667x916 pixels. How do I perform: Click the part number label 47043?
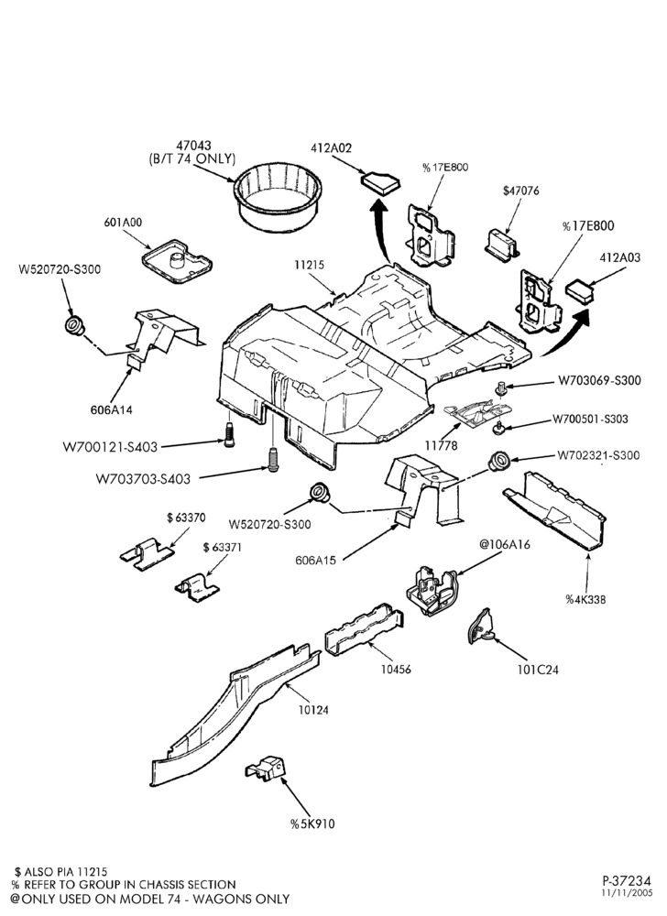pos(194,145)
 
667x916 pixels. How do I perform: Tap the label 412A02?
pos(331,148)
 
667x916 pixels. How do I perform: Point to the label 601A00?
pos(123,223)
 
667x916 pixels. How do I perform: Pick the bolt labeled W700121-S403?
pos(229,434)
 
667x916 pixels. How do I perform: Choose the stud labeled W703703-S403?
pos(273,459)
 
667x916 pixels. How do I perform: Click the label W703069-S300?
pos(599,380)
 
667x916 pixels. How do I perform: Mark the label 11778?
pos(441,446)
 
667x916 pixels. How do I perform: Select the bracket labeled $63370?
pos(146,552)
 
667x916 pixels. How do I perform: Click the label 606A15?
pos(316,560)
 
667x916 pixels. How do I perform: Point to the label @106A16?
pos(505,544)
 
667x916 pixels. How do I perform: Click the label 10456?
pos(396,669)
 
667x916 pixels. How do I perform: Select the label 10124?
pos(313,711)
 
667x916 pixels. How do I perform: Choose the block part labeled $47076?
pos(502,245)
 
